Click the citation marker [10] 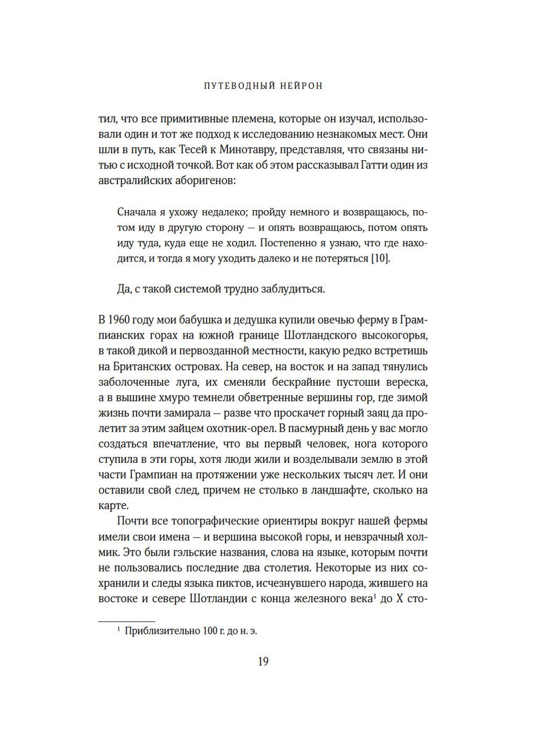click(x=381, y=258)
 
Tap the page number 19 click(x=263, y=662)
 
